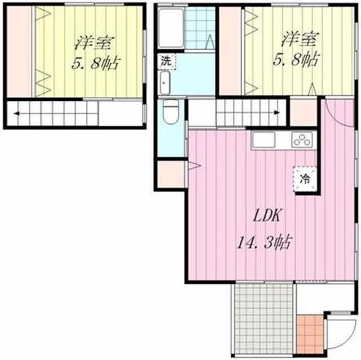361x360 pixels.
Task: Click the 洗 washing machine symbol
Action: pos(166,61)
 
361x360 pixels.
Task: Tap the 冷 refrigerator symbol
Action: pos(305,179)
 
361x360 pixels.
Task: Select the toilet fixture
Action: pos(170,112)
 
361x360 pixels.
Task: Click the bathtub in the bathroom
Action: pos(171,28)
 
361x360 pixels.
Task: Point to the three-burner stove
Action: pos(302,140)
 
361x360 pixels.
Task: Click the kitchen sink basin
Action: pos(264,140)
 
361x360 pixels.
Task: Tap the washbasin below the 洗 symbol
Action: pos(165,83)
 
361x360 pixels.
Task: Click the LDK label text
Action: pos(266,216)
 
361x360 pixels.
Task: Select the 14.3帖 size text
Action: pos(265,242)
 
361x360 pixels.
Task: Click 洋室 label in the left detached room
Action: pos(95,43)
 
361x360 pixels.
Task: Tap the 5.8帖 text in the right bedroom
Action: pos(296,59)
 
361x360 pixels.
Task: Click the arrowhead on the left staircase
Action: pos(16,113)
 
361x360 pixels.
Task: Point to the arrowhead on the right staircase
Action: pos(277,113)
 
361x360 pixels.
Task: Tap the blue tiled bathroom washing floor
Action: pos(200,28)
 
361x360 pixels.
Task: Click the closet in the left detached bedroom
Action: pos(19,51)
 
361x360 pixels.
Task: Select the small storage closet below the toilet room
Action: pos(171,174)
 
